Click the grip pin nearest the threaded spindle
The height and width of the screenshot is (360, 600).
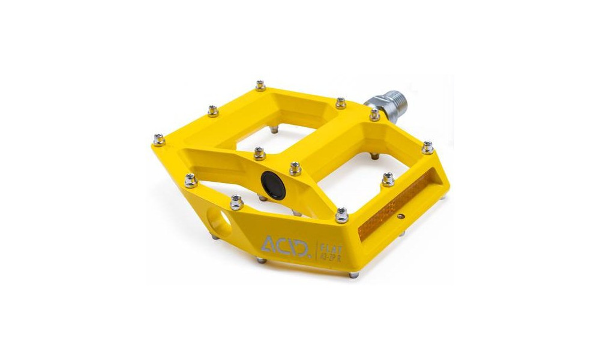[x=374, y=114]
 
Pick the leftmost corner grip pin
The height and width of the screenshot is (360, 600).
[x=158, y=140]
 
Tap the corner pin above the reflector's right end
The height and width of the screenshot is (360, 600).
[x=427, y=147]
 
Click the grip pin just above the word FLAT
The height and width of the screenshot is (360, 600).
[x=342, y=214]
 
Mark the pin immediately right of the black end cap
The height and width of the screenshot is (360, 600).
[x=295, y=167]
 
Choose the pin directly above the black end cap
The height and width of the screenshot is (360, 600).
[x=259, y=153]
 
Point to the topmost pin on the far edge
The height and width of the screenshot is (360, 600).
[x=260, y=86]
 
